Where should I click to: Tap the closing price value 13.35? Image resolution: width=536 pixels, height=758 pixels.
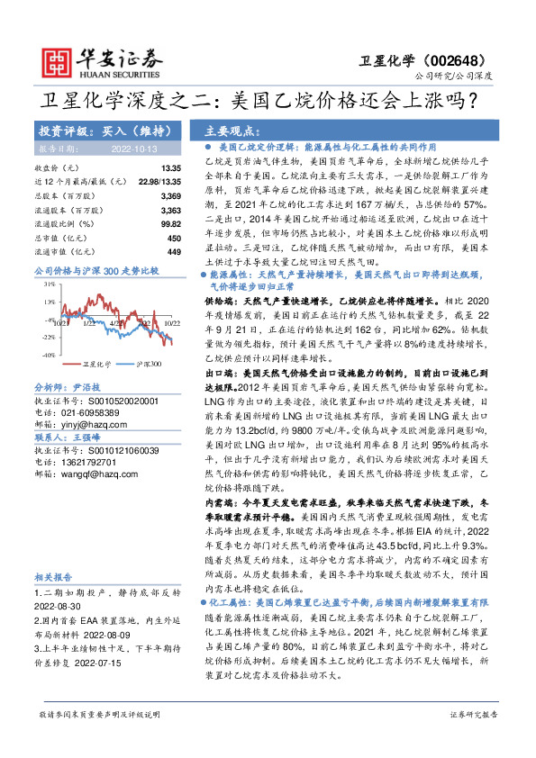(x=171, y=168)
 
